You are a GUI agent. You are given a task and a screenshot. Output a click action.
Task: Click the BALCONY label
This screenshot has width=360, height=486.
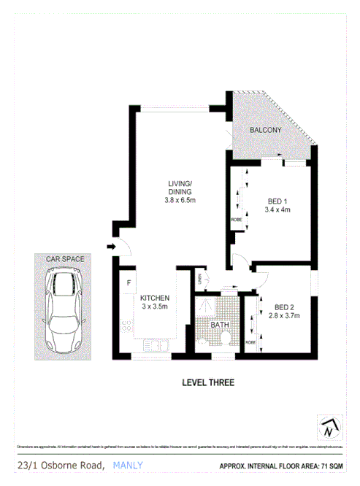pos(265,130)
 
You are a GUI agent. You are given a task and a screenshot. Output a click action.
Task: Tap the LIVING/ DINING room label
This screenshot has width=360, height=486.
pos(179,188)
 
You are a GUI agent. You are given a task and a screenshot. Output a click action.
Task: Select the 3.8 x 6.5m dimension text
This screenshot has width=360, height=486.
pos(179,200)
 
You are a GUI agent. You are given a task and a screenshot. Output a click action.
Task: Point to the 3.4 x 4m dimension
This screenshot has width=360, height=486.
pos(277,209)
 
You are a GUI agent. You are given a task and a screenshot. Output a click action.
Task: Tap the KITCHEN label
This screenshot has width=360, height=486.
pos(155,298)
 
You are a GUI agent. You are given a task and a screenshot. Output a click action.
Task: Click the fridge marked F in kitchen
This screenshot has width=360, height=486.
pos(128,282)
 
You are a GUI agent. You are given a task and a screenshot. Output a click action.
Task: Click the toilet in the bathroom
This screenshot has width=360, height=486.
pos(226,338)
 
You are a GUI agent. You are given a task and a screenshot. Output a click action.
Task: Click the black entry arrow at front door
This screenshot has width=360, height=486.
pos(110,247)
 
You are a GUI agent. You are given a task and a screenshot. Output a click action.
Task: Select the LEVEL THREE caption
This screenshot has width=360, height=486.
pos(208,382)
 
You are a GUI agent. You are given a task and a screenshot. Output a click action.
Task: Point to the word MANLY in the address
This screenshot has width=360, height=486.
pos(128,465)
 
